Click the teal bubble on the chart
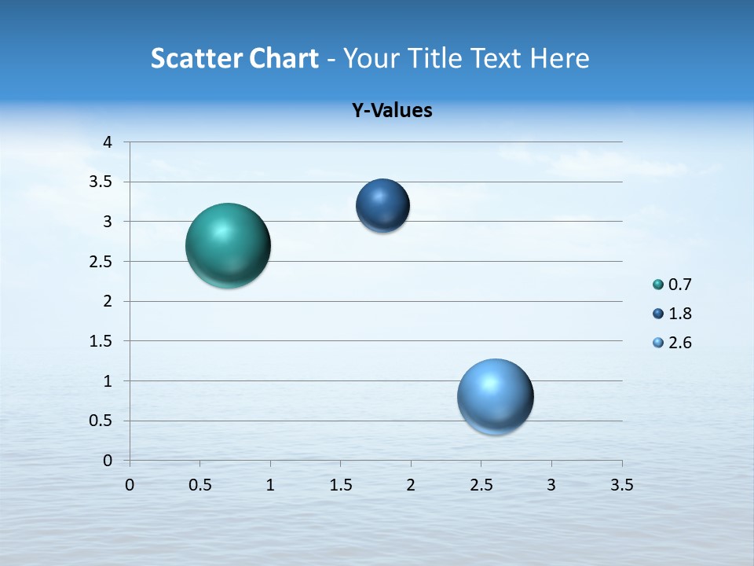click(229, 245)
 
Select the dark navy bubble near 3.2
click(382, 205)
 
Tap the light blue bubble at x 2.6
click(495, 396)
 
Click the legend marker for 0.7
click(658, 285)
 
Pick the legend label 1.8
click(680, 314)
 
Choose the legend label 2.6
click(680, 343)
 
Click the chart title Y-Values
click(392, 111)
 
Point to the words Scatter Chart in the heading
click(234, 58)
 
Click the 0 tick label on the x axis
click(130, 485)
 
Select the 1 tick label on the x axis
click(270, 485)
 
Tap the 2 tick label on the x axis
click(411, 485)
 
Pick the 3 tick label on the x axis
click(551, 485)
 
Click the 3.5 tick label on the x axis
click(621, 485)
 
